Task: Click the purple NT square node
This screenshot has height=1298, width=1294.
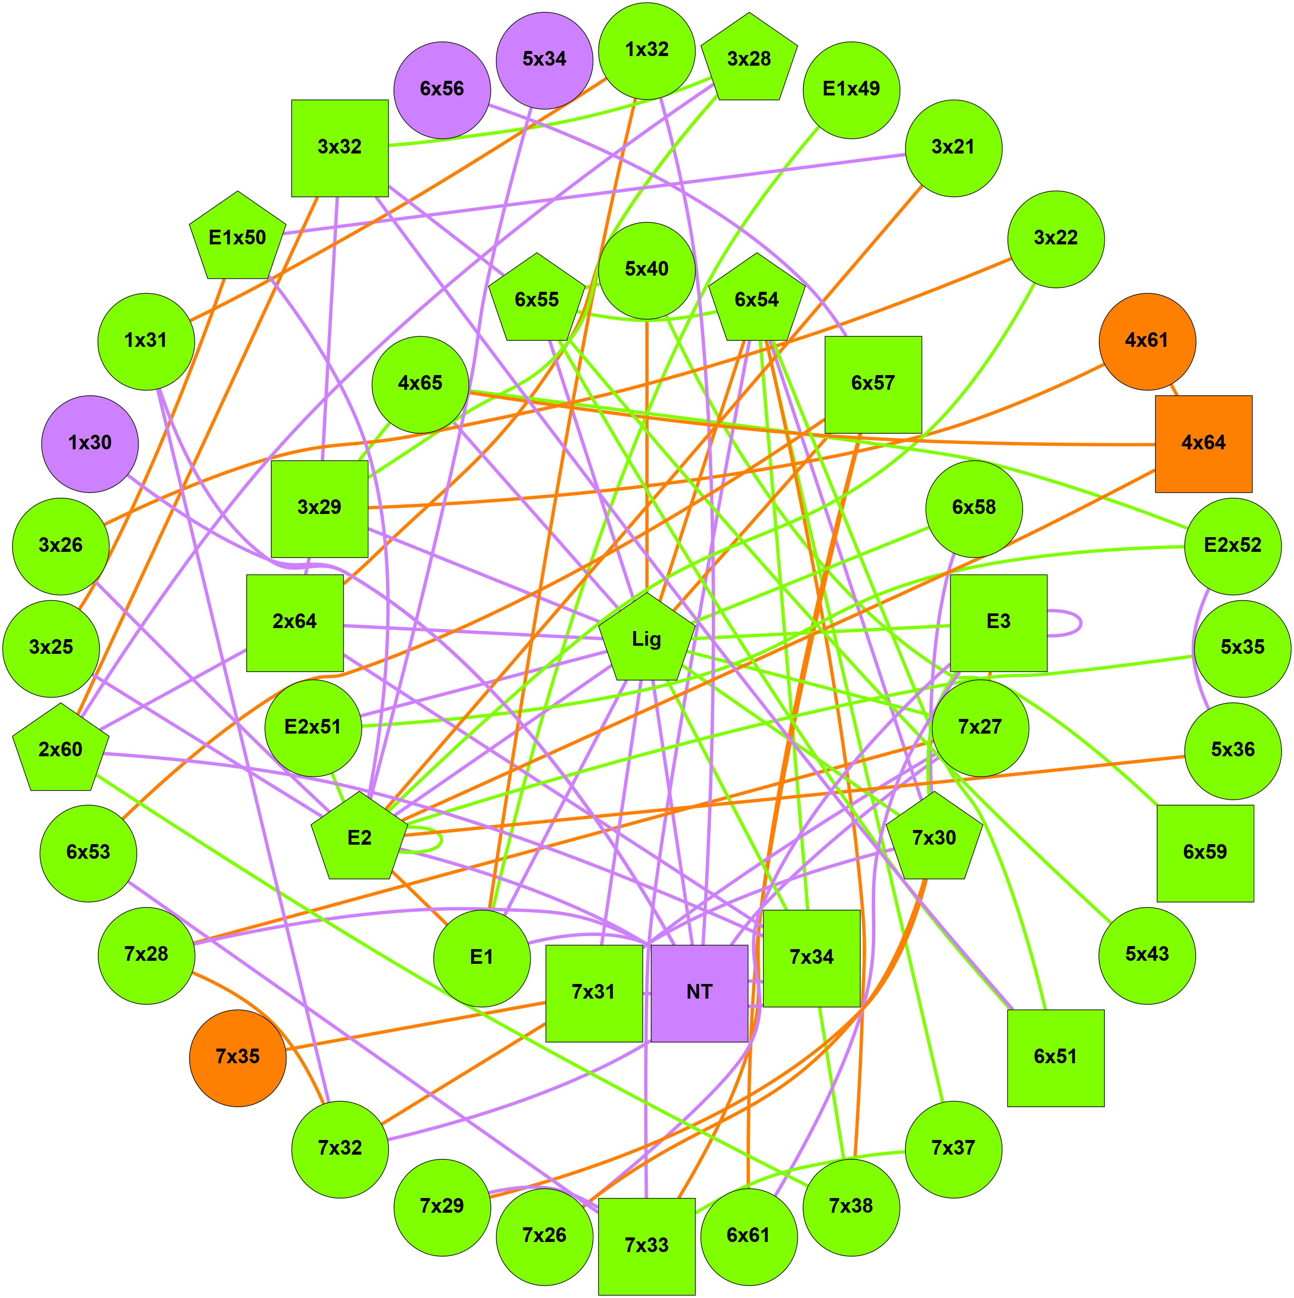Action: pyautogui.click(x=699, y=993)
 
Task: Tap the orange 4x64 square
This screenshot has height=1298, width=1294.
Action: pyautogui.click(x=1203, y=443)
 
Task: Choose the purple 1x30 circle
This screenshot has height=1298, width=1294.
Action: pyautogui.click(x=90, y=443)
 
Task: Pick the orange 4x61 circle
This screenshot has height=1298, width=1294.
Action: pyautogui.click(x=1147, y=341)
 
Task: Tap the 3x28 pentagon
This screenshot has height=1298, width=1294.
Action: pyautogui.click(x=749, y=59)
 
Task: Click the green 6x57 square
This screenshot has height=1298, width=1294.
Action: pyautogui.click(x=873, y=384)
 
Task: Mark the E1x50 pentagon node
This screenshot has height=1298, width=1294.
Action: pyautogui.click(x=238, y=238)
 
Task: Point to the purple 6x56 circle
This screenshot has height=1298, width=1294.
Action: pyautogui.click(x=442, y=90)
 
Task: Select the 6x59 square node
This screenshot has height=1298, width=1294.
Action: pyautogui.click(x=1205, y=853)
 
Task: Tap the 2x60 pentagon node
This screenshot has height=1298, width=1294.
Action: pyautogui.click(x=61, y=750)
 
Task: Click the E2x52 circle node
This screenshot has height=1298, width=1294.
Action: pyautogui.click(x=1232, y=546)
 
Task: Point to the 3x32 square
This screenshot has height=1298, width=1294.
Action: pyautogui.click(x=340, y=148)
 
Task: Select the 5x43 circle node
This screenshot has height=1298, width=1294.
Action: pyautogui.click(x=1147, y=955)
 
